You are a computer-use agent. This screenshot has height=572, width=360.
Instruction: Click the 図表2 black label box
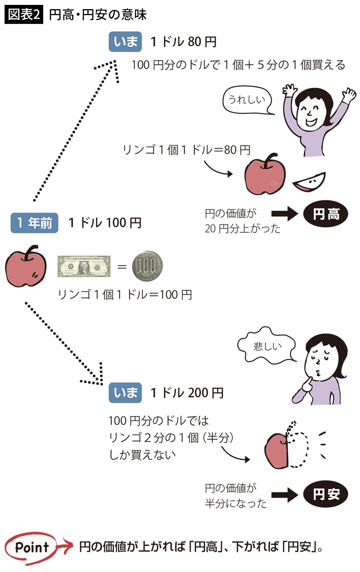click(24, 14)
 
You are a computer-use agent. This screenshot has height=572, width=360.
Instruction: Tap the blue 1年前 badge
click(34, 223)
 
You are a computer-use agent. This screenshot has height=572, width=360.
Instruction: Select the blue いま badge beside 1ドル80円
click(125, 42)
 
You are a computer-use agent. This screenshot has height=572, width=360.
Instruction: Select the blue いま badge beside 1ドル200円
click(125, 393)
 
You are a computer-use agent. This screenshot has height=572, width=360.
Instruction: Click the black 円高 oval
click(326, 214)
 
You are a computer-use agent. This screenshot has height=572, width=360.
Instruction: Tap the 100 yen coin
click(147, 266)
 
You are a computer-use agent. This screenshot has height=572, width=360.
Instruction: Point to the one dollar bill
click(84, 266)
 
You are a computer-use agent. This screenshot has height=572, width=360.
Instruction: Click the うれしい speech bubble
click(247, 100)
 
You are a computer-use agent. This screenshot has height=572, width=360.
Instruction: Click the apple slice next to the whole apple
click(309, 183)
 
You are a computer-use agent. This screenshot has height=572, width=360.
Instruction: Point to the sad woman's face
click(319, 362)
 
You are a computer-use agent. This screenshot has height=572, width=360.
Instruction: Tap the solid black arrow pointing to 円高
click(284, 214)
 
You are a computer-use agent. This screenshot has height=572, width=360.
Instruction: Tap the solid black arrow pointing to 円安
click(284, 494)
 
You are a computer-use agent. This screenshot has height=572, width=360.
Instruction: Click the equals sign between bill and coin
click(122, 267)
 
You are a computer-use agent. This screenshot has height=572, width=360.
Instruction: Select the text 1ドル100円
click(105, 223)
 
